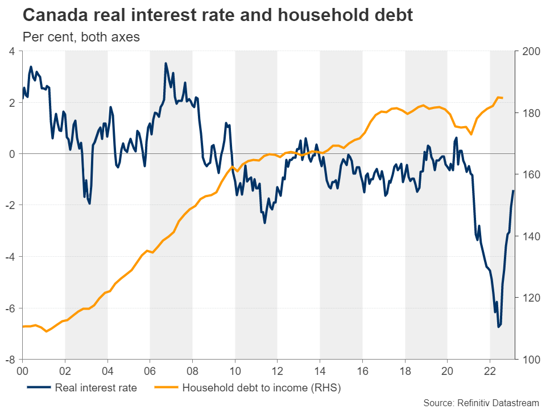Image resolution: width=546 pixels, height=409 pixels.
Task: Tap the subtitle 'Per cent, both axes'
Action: (x=81, y=37)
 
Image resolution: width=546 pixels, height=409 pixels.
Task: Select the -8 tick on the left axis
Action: (x=11, y=360)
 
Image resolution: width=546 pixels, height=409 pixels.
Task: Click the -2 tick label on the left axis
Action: (x=11, y=205)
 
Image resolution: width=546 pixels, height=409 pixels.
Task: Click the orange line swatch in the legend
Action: (x=163, y=389)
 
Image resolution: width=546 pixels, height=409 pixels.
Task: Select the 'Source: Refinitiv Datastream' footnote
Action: (x=481, y=403)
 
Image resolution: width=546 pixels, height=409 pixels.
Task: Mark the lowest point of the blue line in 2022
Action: (x=498, y=327)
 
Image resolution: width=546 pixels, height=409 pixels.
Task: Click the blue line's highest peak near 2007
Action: (x=166, y=63)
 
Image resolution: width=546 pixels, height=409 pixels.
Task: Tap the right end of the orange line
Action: (x=502, y=98)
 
